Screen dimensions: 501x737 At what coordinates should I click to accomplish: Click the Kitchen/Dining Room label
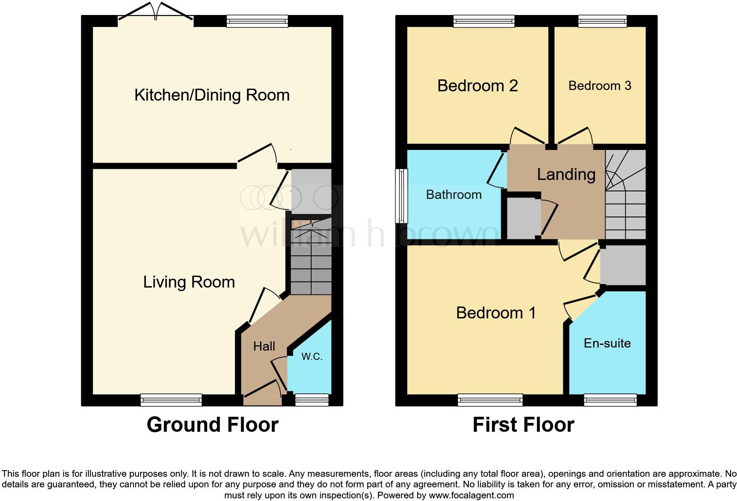pos(212,95)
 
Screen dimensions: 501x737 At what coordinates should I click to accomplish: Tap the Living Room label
pos(189,282)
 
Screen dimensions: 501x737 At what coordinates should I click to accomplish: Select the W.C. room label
pos(312,356)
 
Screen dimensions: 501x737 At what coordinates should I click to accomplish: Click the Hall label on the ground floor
pos(264,346)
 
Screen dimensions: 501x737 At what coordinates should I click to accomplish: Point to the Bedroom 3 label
pos(599,86)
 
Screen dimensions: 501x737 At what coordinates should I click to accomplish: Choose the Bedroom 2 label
pos(477,86)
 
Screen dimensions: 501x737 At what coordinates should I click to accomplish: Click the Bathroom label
pos(454,194)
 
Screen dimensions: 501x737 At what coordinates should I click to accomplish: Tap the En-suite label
pos(607,343)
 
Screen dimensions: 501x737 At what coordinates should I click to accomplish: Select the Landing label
pos(566,174)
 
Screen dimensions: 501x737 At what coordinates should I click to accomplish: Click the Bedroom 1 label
pos(496,313)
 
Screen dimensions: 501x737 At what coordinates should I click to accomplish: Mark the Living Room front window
pos(171,400)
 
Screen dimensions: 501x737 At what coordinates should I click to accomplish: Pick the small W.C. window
pos(312,400)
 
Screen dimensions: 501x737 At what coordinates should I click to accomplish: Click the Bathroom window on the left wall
pos(401,195)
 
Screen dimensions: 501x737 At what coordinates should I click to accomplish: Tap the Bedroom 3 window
pos(602,21)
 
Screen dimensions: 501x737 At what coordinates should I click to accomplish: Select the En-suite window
pos(610,400)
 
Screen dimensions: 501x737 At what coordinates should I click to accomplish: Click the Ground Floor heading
pos(212,425)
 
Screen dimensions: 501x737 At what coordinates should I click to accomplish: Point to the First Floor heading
pos(523,425)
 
